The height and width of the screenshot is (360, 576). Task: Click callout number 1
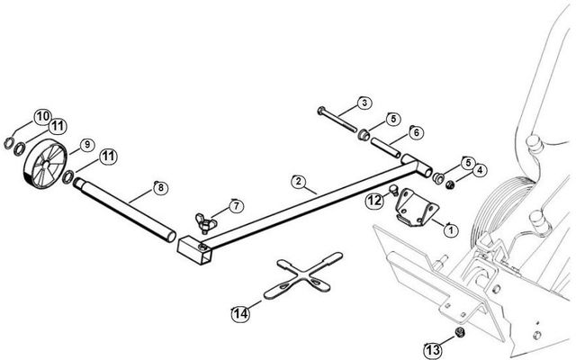click(x=450, y=229)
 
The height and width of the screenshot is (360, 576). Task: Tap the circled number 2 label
click(x=298, y=181)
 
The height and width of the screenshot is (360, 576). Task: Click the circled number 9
click(x=87, y=144)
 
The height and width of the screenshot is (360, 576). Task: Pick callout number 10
click(x=42, y=115)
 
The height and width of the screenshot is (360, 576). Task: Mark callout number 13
click(x=434, y=347)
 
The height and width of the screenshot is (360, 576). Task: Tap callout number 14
click(x=239, y=312)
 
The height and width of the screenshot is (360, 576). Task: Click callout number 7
click(x=236, y=206)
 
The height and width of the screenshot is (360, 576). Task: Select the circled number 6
click(x=416, y=132)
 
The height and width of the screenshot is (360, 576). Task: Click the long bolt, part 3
click(x=337, y=121)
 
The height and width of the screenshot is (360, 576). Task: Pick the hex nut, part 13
click(x=457, y=332)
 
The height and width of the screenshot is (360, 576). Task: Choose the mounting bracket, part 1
click(x=415, y=206)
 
